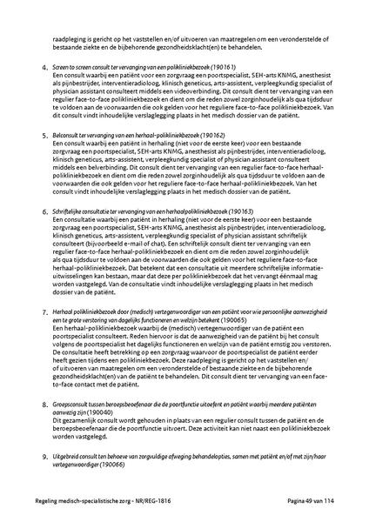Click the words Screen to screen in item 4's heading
72,67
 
